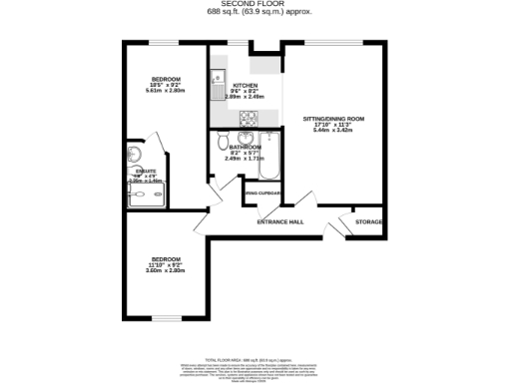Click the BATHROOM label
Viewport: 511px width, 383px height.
(244, 148)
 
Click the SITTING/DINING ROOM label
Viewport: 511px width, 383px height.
(333, 119)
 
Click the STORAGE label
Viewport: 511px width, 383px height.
(369, 221)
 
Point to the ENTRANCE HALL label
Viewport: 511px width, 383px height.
(281, 221)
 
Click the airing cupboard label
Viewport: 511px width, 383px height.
(263, 193)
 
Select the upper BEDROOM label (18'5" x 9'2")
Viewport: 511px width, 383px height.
(166, 79)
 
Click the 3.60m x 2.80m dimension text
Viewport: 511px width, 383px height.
(166, 271)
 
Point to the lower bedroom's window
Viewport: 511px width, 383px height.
(166, 319)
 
